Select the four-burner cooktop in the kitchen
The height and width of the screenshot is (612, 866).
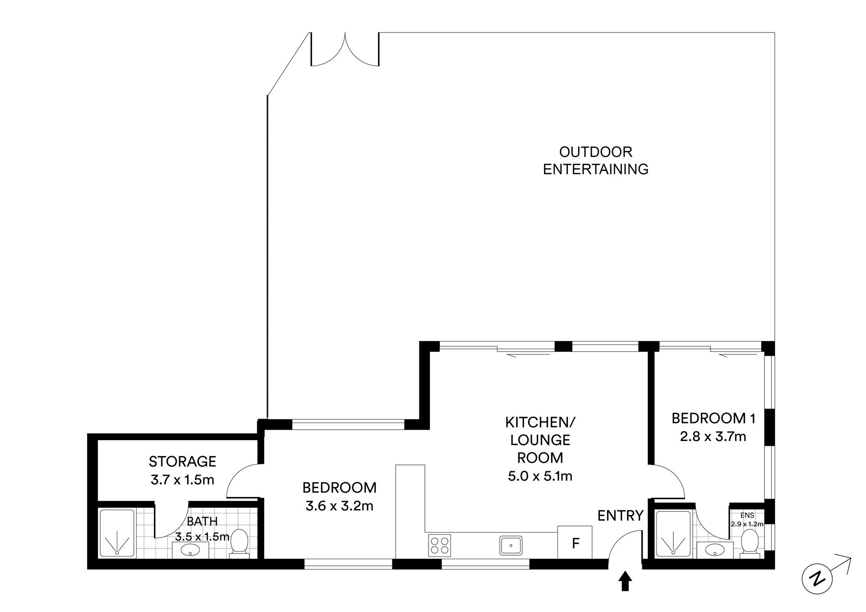tap(440, 544)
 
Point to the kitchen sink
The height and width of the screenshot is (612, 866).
tap(511, 545)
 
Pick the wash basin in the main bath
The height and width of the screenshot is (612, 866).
tap(190, 550)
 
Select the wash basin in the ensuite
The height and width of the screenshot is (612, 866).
tap(715, 550)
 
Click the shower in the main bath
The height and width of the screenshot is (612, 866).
tap(117, 533)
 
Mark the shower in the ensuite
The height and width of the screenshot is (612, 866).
tap(673, 534)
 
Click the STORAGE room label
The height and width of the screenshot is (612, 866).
tap(183, 461)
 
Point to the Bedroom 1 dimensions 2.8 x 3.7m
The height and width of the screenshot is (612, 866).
tap(713, 437)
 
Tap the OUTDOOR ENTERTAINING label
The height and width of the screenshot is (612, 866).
tap(595, 161)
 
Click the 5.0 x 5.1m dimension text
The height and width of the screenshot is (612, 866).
tap(540, 476)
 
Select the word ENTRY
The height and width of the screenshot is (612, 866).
tap(620, 515)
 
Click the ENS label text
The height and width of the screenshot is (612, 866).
tap(746, 515)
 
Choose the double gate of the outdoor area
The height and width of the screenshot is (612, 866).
tap(345, 49)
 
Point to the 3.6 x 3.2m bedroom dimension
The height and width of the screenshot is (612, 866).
tap(339, 506)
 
